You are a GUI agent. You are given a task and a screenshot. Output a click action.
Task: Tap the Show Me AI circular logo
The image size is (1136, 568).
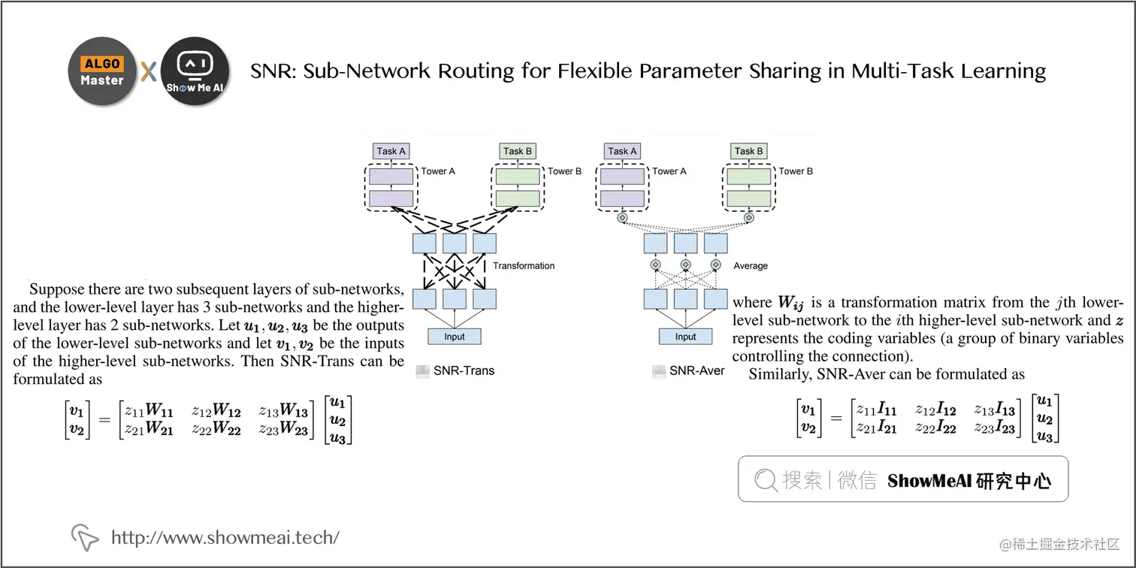(195, 71)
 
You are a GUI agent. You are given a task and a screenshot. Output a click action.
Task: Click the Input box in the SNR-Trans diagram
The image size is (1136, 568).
(454, 336)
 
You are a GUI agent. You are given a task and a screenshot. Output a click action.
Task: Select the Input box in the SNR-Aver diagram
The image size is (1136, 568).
(685, 336)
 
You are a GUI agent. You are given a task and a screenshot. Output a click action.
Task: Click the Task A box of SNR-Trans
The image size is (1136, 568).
(391, 151)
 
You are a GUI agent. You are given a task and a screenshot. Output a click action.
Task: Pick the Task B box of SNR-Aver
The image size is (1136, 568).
(748, 151)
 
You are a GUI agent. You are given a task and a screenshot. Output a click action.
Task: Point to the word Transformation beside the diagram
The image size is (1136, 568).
(524, 265)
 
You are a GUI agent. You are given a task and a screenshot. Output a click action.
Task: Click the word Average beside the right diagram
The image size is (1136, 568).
(750, 265)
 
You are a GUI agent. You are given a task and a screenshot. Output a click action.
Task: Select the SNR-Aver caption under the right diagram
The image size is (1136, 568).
(697, 370)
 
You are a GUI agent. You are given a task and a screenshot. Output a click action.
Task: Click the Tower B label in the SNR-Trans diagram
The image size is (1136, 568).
(564, 171)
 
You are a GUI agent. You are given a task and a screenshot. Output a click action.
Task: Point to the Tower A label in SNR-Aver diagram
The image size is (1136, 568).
(669, 171)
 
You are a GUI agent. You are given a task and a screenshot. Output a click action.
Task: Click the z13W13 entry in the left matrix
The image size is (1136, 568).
(283, 411)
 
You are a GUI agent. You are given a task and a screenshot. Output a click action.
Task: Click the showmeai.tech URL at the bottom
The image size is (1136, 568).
(225, 537)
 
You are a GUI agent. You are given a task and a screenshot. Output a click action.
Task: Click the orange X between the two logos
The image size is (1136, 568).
(149, 72)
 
